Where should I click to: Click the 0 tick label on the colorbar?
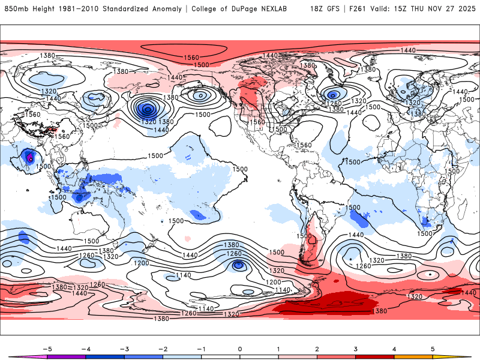(240, 348)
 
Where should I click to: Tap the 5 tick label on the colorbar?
(433, 348)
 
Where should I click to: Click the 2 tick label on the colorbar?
(317, 348)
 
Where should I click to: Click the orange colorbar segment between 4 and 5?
(413, 356)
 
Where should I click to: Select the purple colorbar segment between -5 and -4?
(67, 356)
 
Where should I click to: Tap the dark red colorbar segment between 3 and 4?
(375, 356)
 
